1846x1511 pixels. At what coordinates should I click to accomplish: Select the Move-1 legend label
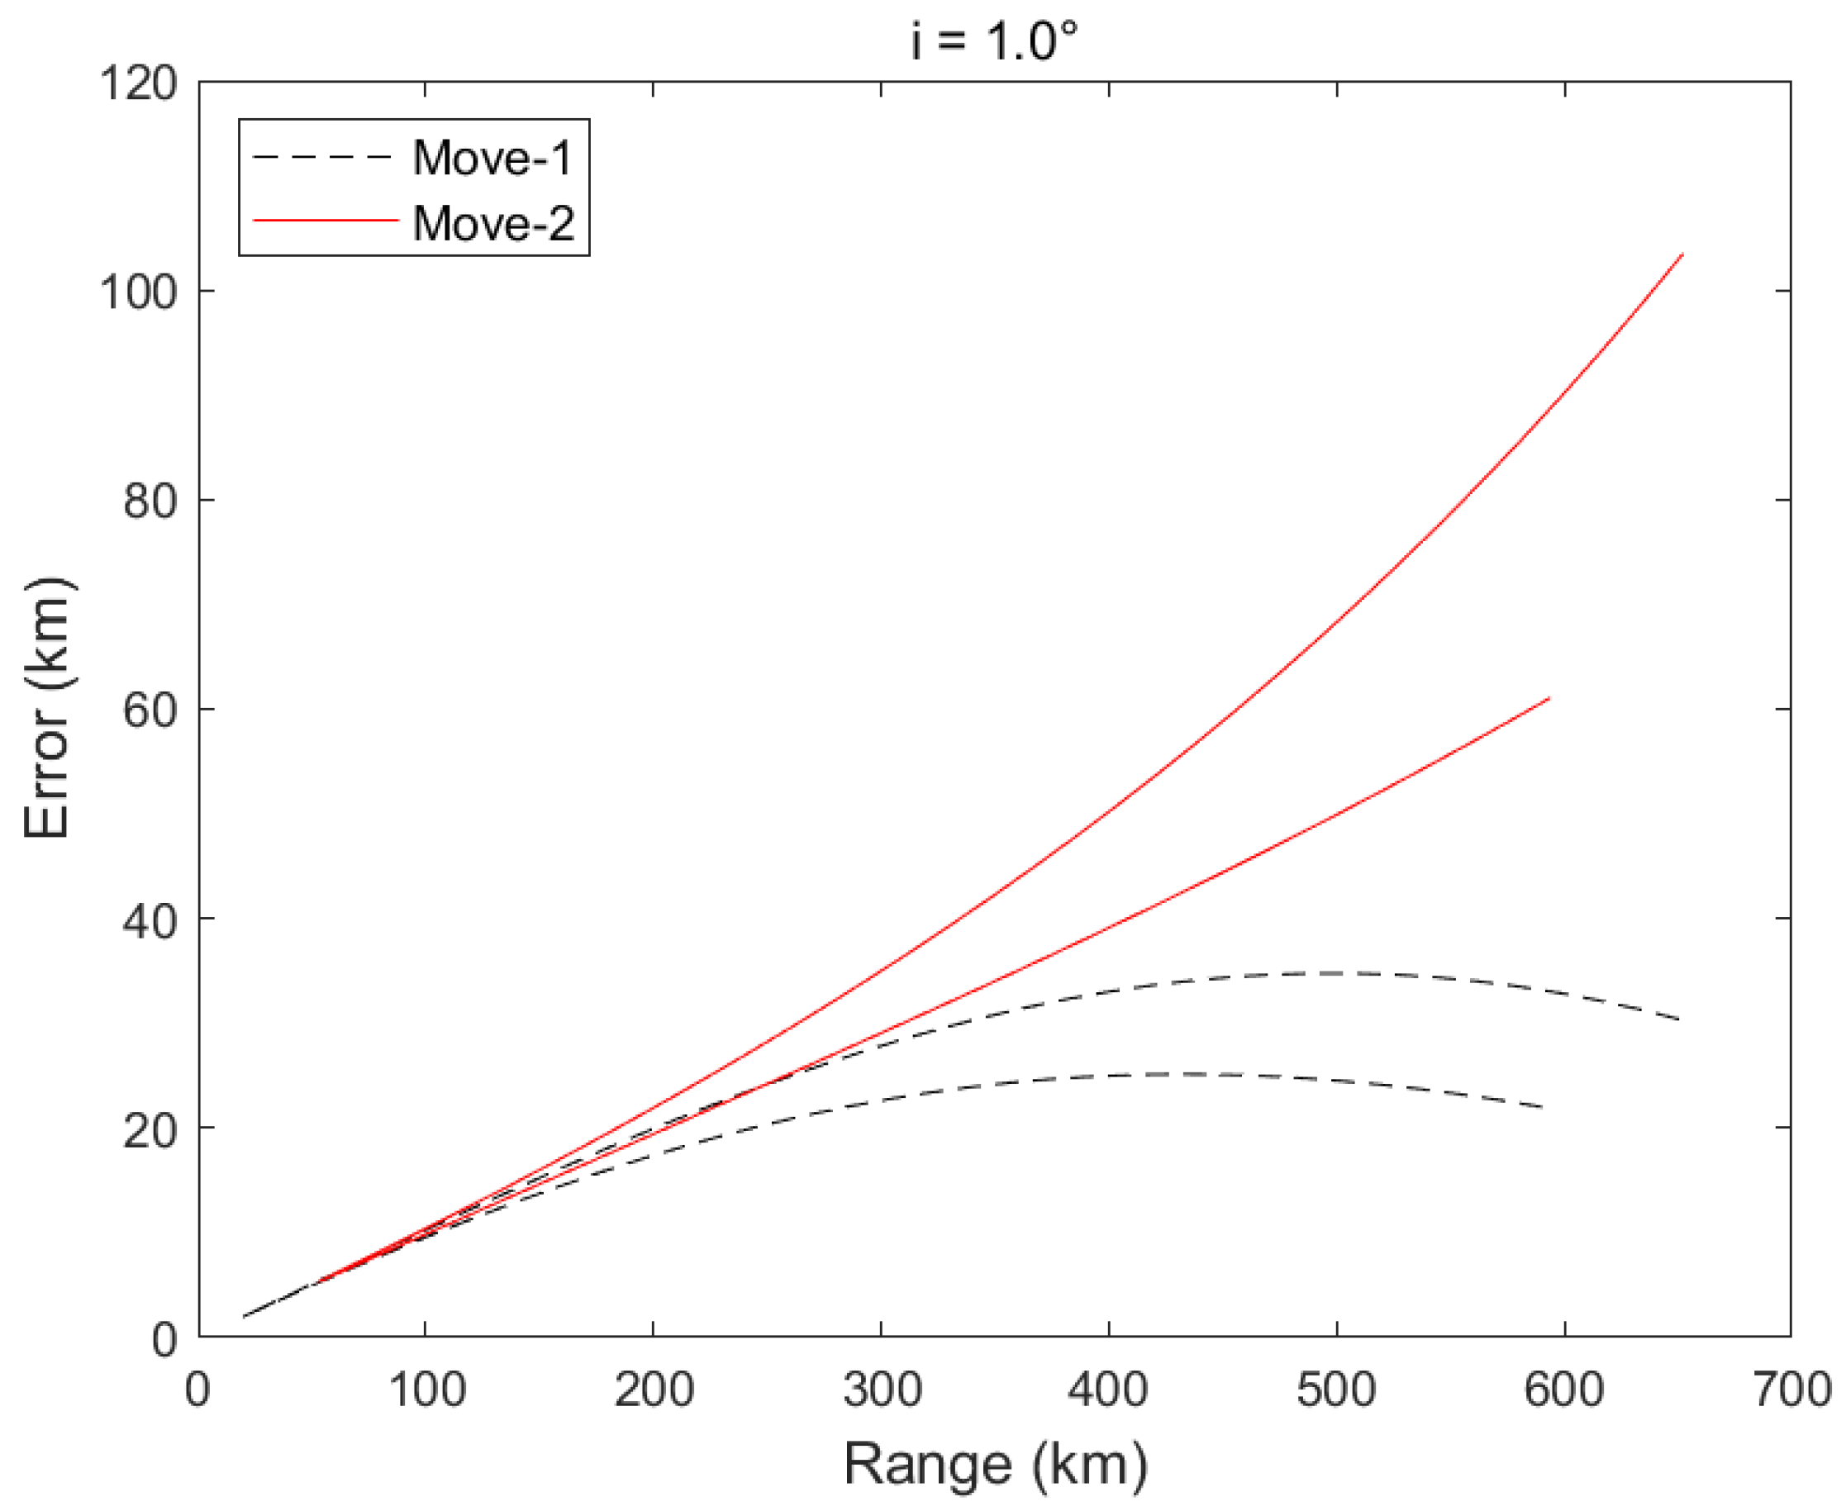(x=492, y=158)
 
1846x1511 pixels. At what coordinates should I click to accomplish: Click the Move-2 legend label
(x=492, y=223)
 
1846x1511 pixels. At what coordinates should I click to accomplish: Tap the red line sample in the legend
(x=325, y=221)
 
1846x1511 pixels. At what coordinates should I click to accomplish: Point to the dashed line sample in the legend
(x=322, y=158)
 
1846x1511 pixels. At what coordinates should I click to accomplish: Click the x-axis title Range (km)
(x=995, y=1464)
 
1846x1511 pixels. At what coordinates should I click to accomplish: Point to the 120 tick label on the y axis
(x=138, y=84)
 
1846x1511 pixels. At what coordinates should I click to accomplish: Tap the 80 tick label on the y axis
(x=150, y=501)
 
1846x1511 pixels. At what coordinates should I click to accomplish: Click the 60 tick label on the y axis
(x=150, y=710)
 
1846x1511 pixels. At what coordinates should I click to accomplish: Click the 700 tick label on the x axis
(x=1791, y=1390)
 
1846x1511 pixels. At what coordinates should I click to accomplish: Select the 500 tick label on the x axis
(x=1336, y=1390)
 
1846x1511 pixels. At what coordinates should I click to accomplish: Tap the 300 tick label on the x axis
(x=882, y=1390)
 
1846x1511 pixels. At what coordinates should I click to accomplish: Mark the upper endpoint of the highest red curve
(x=1682, y=254)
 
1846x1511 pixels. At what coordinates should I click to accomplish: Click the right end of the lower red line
(x=1549, y=698)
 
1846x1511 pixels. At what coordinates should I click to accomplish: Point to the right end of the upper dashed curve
(x=1679, y=1019)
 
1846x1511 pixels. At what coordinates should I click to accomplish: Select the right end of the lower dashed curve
(x=1543, y=1107)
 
